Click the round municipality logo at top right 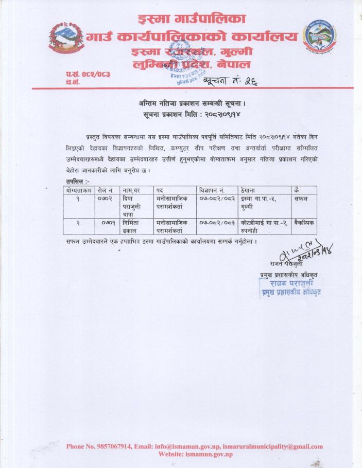pyautogui.click(x=320, y=37)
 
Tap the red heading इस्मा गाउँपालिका pyautogui.click(x=192, y=20)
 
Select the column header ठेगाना pyautogui.click(x=250, y=190)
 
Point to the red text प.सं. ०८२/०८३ pyautogui.click(x=88, y=75)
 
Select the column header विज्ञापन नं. pyautogui.click(x=212, y=190)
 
